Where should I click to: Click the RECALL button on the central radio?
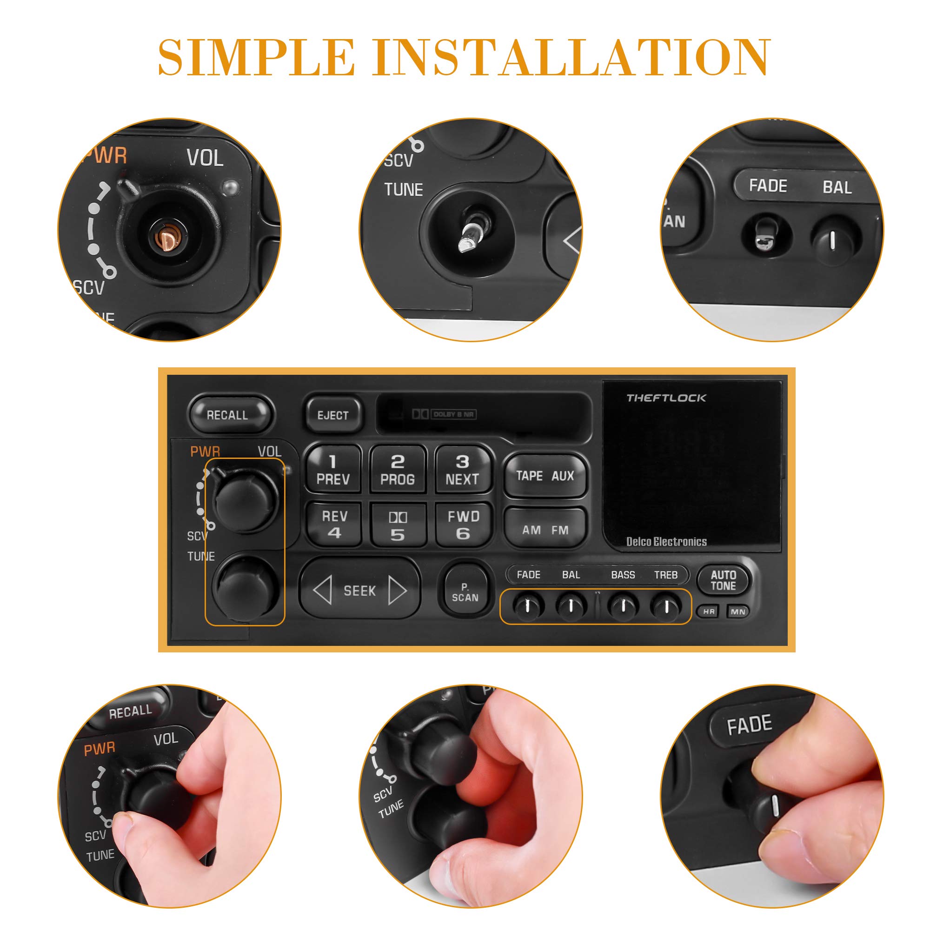(227, 414)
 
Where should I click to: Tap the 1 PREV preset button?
(333, 470)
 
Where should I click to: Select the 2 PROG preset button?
(398, 470)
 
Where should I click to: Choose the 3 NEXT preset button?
(462, 470)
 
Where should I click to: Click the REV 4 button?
(334, 524)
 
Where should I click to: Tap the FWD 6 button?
(463, 524)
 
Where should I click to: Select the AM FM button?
(545, 529)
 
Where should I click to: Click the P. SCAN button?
(465, 592)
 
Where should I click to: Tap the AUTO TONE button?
(723, 580)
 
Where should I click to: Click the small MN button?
(737, 611)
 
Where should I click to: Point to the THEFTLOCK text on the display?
(666, 398)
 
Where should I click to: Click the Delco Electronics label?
(666, 542)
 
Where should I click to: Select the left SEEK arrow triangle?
(323, 590)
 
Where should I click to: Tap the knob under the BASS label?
(624, 605)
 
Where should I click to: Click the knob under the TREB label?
(666, 605)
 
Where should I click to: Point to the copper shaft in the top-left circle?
(168, 237)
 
